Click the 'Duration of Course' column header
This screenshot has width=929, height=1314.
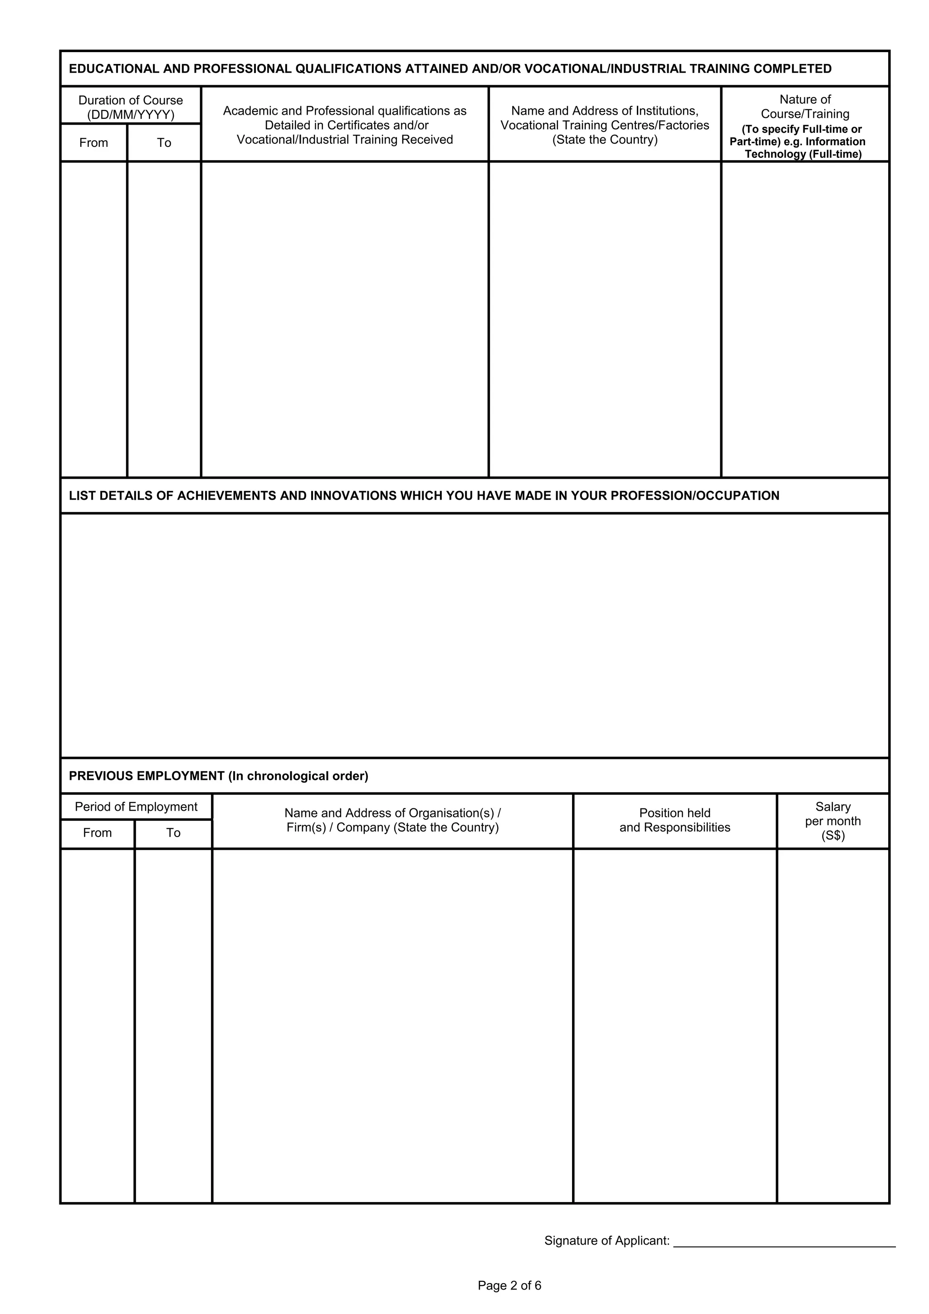click(x=131, y=101)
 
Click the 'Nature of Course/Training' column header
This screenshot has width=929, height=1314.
click(x=805, y=107)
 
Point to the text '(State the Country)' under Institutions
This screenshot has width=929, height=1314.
click(x=605, y=140)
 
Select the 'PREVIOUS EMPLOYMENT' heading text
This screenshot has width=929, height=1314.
click(x=147, y=776)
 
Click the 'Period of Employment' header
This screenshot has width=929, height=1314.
click(x=136, y=807)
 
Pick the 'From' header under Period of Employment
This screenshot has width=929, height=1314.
click(x=98, y=832)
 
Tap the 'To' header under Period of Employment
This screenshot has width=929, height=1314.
click(x=173, y=832)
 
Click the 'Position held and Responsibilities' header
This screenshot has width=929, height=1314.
click(x=675, y=820)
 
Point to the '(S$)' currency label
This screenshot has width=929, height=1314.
click(x=833, y=836)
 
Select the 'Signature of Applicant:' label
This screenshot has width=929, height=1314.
click(x=607, y=1241)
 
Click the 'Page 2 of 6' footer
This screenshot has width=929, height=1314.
click(x=509, y=1286)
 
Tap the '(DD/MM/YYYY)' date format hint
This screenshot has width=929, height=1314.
click(x=131, y=115)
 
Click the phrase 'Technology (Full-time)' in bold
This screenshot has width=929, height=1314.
click(x=803, y=155)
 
